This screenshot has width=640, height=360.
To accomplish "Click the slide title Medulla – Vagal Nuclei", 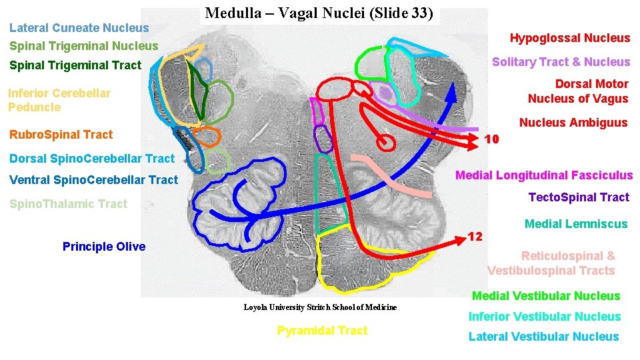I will click(319, 13).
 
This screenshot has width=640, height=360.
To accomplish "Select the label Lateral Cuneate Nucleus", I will click(79, 28).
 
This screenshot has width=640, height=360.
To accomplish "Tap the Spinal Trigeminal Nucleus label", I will click(84, 46).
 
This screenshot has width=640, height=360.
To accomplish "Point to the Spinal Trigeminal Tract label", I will click(75, 65).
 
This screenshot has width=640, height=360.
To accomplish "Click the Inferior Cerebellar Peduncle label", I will click(59, 100).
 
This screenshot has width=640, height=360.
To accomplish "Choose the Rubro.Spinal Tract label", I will click(61, 135).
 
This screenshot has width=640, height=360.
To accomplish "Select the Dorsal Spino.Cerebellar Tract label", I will click(92, 159).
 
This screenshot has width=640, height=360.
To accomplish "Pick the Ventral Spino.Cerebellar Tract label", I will click(94, 180).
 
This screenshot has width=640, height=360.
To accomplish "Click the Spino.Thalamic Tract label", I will click(68, 204).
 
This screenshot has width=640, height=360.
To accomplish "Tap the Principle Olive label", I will click(104, 247).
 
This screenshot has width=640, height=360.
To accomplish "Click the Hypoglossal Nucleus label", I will click(569, 38).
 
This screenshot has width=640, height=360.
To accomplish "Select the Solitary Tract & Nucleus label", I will click(561, 62).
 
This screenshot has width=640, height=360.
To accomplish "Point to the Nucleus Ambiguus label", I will click(573, 122).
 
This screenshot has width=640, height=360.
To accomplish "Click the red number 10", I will click(492, 139).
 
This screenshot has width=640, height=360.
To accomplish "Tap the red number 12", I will click(475, 237).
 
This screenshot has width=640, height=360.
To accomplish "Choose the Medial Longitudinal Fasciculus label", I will click(543, 175).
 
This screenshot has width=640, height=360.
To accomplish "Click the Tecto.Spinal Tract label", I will click(579, 197).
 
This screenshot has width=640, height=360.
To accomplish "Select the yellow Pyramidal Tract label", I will click(322, 331).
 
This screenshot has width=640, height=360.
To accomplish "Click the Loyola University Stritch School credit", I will click(320, 307).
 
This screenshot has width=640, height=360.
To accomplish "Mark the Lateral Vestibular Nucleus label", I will click(543, 337).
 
